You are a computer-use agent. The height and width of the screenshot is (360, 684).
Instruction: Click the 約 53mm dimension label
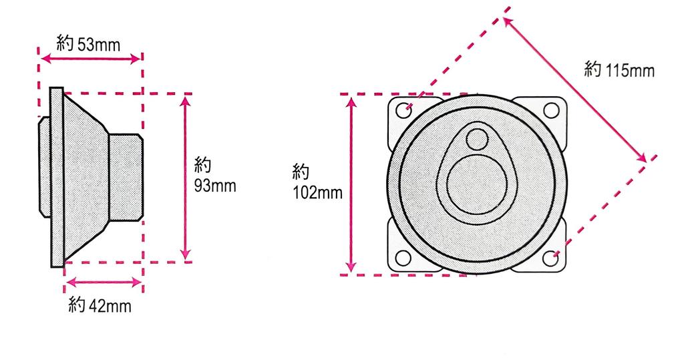pos(89,45)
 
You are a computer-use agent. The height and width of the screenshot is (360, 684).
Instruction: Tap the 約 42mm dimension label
pos(100,307)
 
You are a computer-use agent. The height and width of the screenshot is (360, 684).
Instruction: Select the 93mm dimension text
pos(214,185)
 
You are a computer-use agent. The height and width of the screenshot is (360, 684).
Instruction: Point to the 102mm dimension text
pos(317,193)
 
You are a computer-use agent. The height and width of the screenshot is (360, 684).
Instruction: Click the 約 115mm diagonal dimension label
pos(619,69)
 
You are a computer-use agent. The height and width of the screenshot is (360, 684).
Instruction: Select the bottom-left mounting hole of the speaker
pos(404,257)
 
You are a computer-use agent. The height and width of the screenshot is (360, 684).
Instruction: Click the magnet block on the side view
pos(126,177)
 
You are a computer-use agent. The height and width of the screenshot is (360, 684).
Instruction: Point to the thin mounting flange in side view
pos(56,177)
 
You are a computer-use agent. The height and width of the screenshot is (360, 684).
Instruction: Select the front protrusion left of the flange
pos(43,167)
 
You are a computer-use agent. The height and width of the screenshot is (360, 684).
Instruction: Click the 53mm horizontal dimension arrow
pos(92,59)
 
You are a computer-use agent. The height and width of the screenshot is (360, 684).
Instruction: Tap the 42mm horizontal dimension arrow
pos(104,283)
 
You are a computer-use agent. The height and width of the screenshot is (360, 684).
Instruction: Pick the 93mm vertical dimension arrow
pos(186,177)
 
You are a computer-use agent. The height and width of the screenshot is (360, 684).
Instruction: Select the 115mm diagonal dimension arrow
pos(574,89)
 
